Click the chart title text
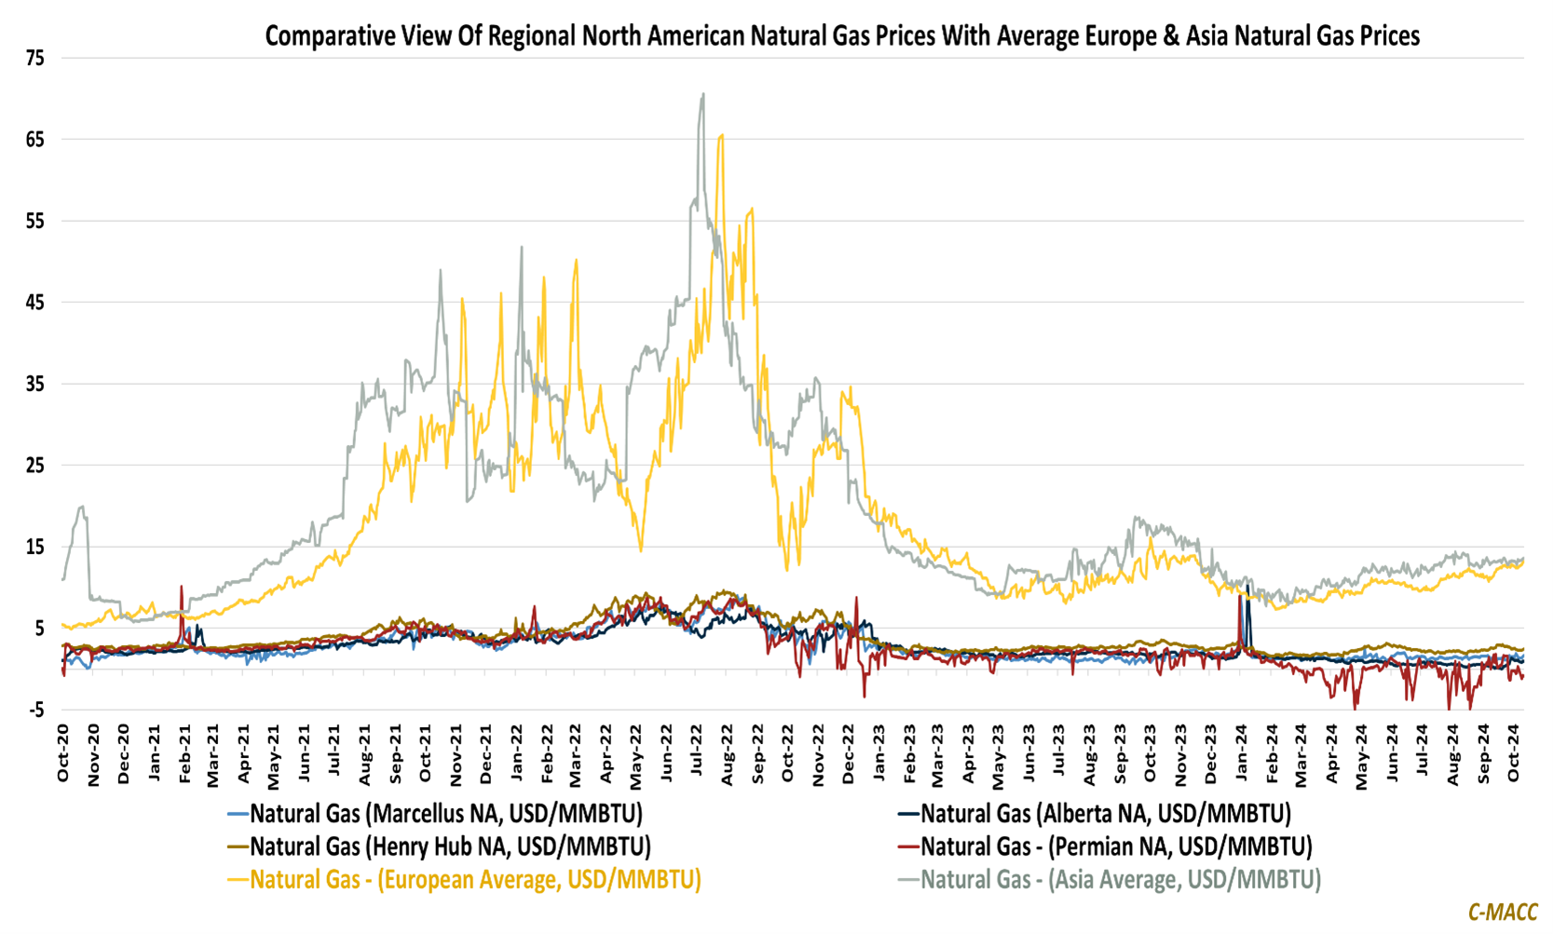click(841, 36)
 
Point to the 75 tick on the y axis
click(35, 59)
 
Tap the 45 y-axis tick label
click(35, 303)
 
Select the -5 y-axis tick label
click(35, 711)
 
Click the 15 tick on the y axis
click(35, 548)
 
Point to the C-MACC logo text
click(1502, 913)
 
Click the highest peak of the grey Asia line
click(703, 94)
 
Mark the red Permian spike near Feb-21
click(182, 587)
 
